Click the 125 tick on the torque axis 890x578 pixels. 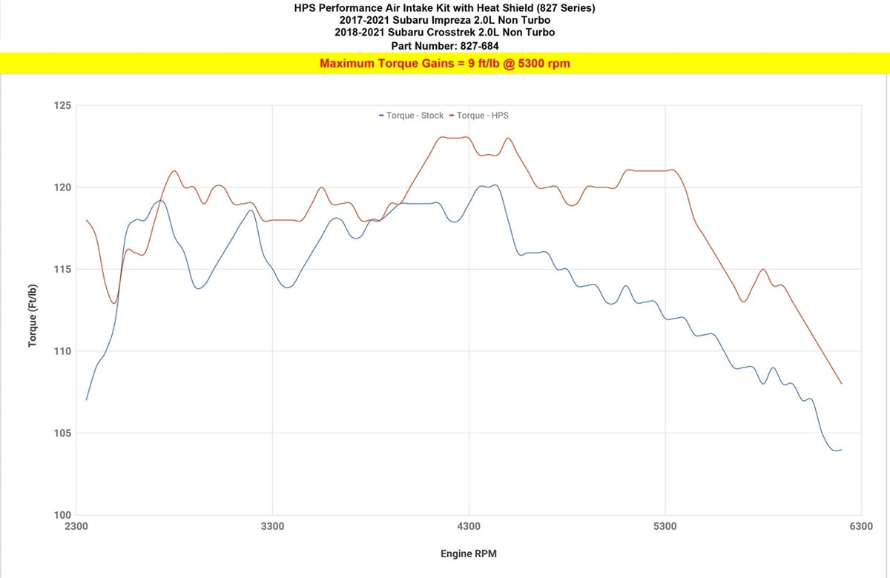pos(62,105)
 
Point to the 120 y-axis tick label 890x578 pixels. pos(62,187)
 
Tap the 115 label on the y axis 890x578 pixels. pos(62,269)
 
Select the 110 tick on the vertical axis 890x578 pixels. pos(62,351)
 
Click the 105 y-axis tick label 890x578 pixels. pos(62,433)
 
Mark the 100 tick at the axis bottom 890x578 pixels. pos(62,515)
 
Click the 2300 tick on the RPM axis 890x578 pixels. pos(76,528)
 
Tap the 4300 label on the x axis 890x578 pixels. pos(469,528)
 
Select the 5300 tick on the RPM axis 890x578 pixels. pos(665,528)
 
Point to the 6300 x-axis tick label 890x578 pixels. pos(861,528)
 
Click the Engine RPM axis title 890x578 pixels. pos(469,554)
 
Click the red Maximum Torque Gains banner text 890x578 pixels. pos(444,64)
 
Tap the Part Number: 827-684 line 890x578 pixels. pos(444,46)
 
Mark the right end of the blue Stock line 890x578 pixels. pos(841,449)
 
